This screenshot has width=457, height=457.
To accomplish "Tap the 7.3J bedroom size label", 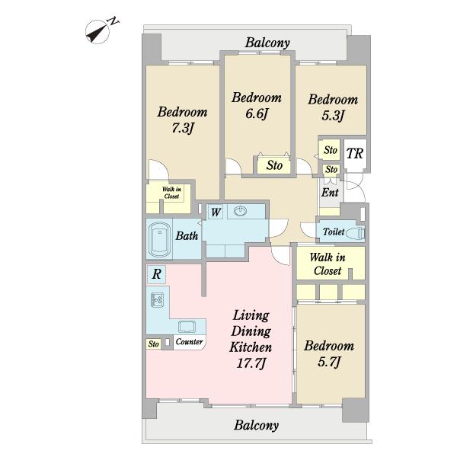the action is (183, 128).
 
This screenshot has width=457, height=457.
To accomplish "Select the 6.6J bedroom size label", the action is (257, 113).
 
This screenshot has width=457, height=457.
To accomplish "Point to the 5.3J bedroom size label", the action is (333, 116).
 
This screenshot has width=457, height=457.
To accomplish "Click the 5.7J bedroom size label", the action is (329, 362).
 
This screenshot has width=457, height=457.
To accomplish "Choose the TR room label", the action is (355, 153).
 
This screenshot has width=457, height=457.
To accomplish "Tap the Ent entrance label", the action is (330, 193).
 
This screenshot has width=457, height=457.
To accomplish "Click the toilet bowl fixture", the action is (357, 232).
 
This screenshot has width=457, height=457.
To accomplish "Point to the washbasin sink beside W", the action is (241, 210).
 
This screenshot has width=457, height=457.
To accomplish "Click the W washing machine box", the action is (216, 212).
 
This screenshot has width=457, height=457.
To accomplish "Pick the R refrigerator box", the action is (156, 274).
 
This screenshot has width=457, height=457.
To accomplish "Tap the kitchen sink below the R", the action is (158, 300).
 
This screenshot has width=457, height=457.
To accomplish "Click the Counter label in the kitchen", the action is (190, 341).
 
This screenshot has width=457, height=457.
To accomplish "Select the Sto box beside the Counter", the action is (153, 344).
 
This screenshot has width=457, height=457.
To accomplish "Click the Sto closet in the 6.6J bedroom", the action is (274, 165).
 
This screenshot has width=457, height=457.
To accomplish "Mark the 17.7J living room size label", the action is (251, 363).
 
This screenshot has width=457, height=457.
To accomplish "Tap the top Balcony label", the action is (267, 43).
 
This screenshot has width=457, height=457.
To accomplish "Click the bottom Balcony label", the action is (256, 426).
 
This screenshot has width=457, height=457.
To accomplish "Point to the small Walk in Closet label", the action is (171, 193).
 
